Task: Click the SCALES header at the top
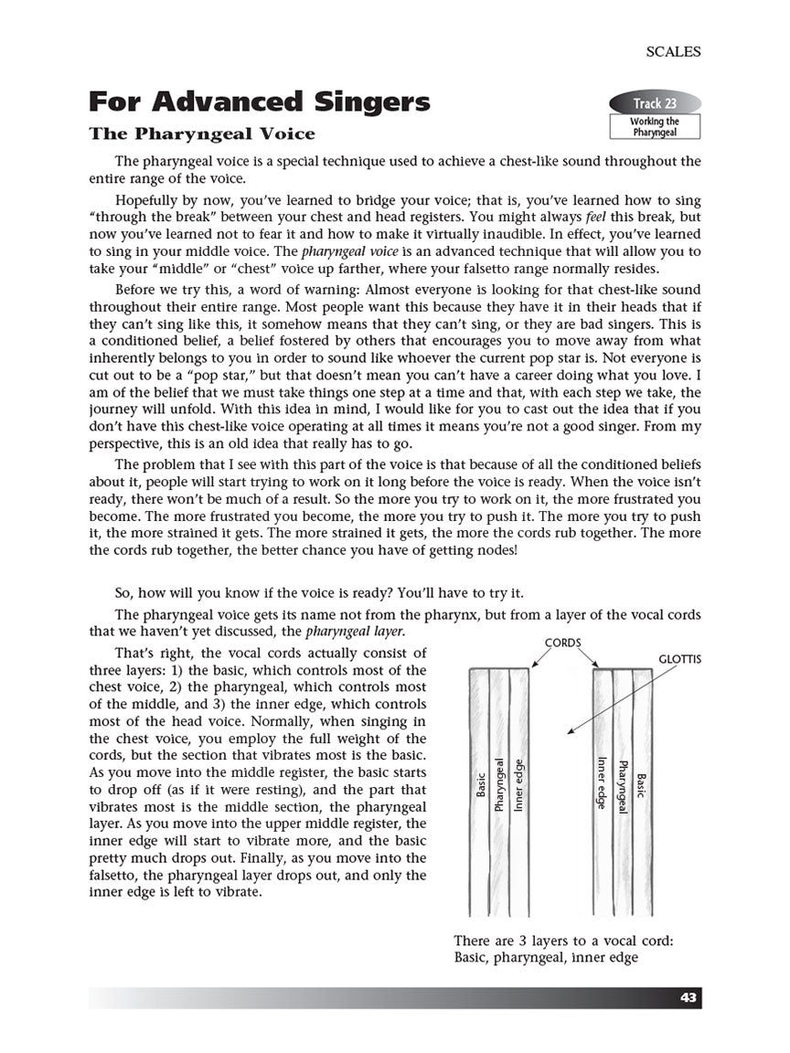[x=673, y=52]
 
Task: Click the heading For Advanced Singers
[x=259, y=101]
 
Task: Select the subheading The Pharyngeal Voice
[x=201, y=133]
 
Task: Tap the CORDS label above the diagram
[x=563, y=643]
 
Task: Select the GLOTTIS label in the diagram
[x=679, y=658]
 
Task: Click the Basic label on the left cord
[x=482, y=785]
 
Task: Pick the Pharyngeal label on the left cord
[x=499, y=784]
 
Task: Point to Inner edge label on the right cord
[x=603, y=782]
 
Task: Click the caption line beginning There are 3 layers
[x=563, y=940]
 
